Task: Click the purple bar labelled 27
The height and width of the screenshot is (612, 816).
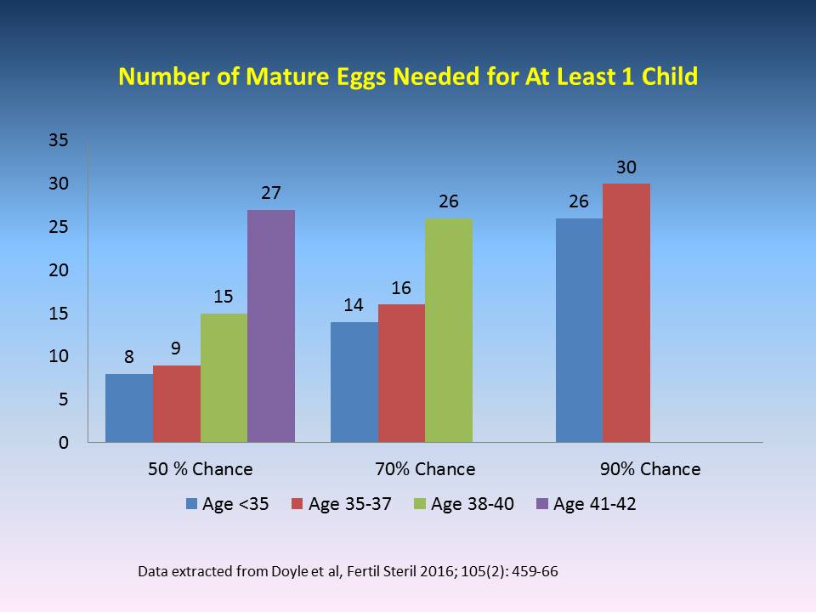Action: (x=271, y=326)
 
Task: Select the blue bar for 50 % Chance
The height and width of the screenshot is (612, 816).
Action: (x=129, y=408)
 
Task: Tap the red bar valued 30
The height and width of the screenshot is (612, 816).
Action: (x=626, y=313)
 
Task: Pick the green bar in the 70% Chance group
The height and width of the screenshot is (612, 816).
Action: (x=449, y=330)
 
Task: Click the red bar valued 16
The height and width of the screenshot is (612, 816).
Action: (x=401, y=373)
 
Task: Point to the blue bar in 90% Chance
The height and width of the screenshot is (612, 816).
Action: (x=579, y=330)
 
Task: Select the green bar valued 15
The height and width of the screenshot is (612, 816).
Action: (x=224, y=377)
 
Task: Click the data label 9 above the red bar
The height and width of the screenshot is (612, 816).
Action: (x=177, y=348)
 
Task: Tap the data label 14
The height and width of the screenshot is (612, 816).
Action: (x=354, y=304)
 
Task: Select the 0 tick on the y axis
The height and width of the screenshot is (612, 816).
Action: (x=63, y=443)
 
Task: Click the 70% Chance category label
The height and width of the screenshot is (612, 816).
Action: (x=425, y=469)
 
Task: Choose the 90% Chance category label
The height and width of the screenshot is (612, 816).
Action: (x=649, y=469)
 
